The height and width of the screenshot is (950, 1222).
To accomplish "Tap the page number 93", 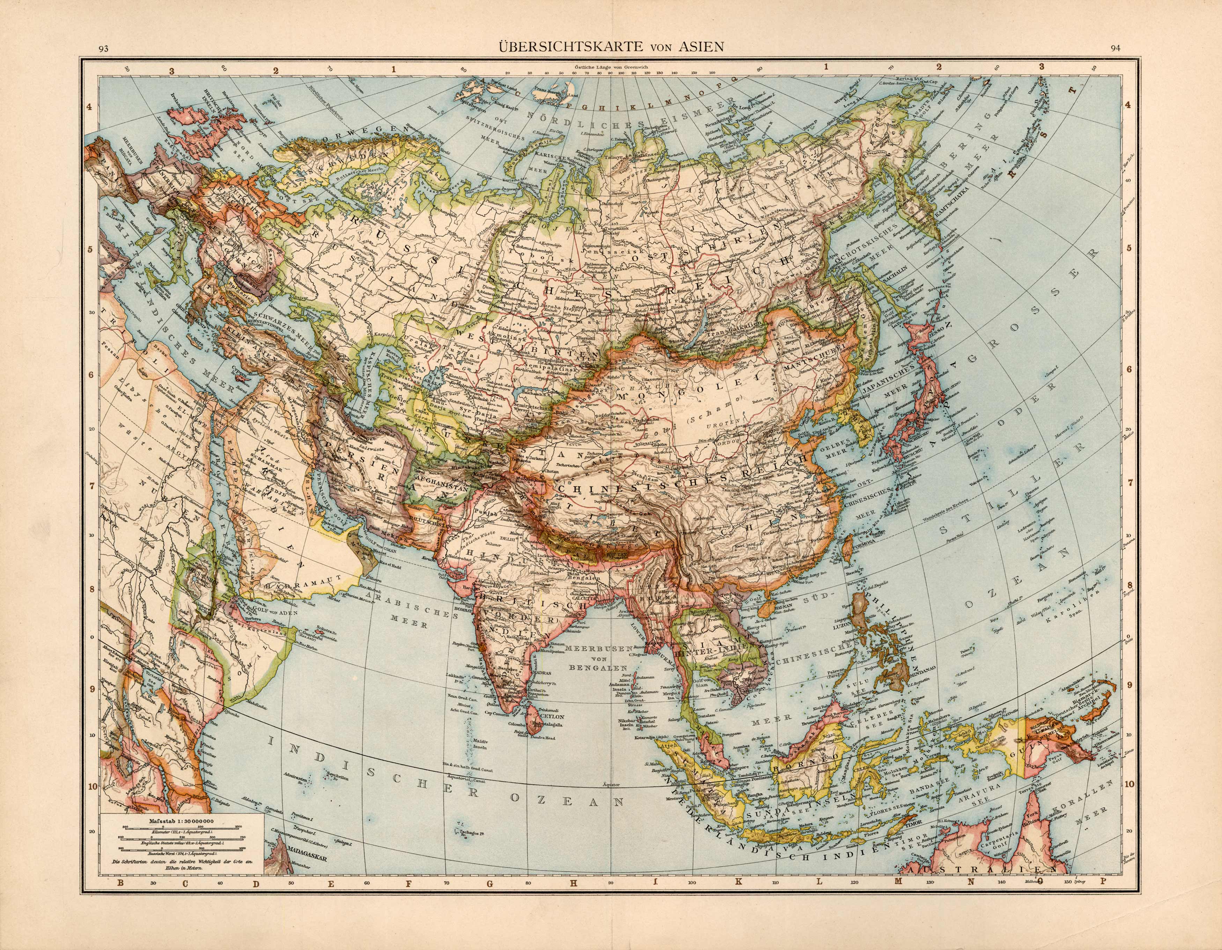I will [x=103, y=49].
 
